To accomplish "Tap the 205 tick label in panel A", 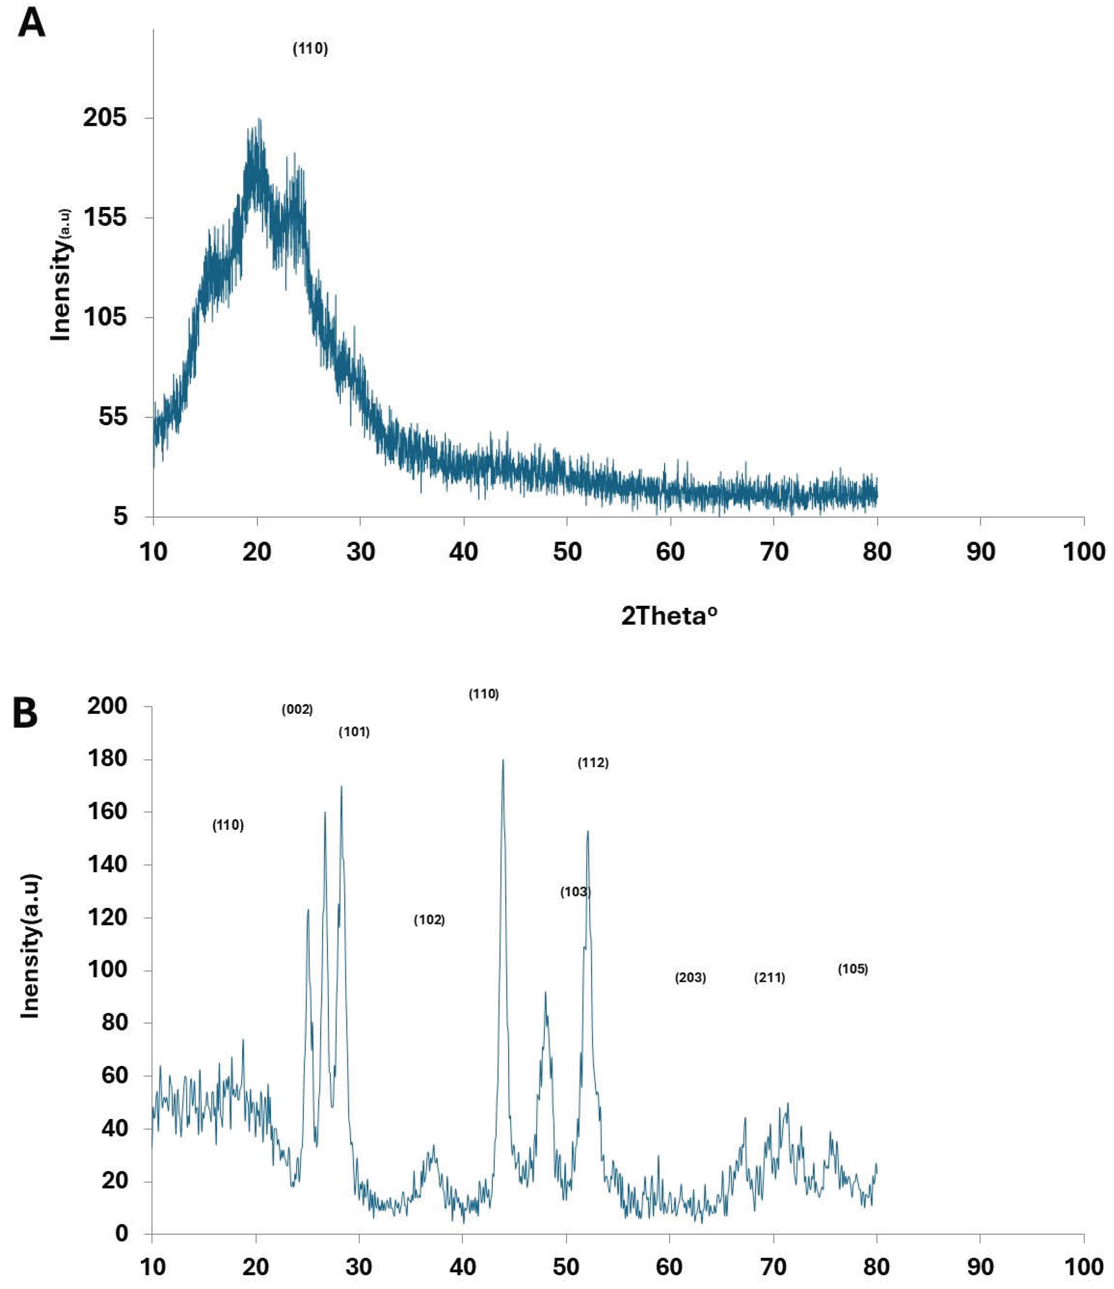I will pos(104,118).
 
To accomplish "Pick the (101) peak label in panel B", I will pos(354,732).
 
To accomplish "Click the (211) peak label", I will pos(769,978).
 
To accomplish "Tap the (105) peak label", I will pos(853,969).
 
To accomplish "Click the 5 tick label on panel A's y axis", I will pos(120,516).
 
